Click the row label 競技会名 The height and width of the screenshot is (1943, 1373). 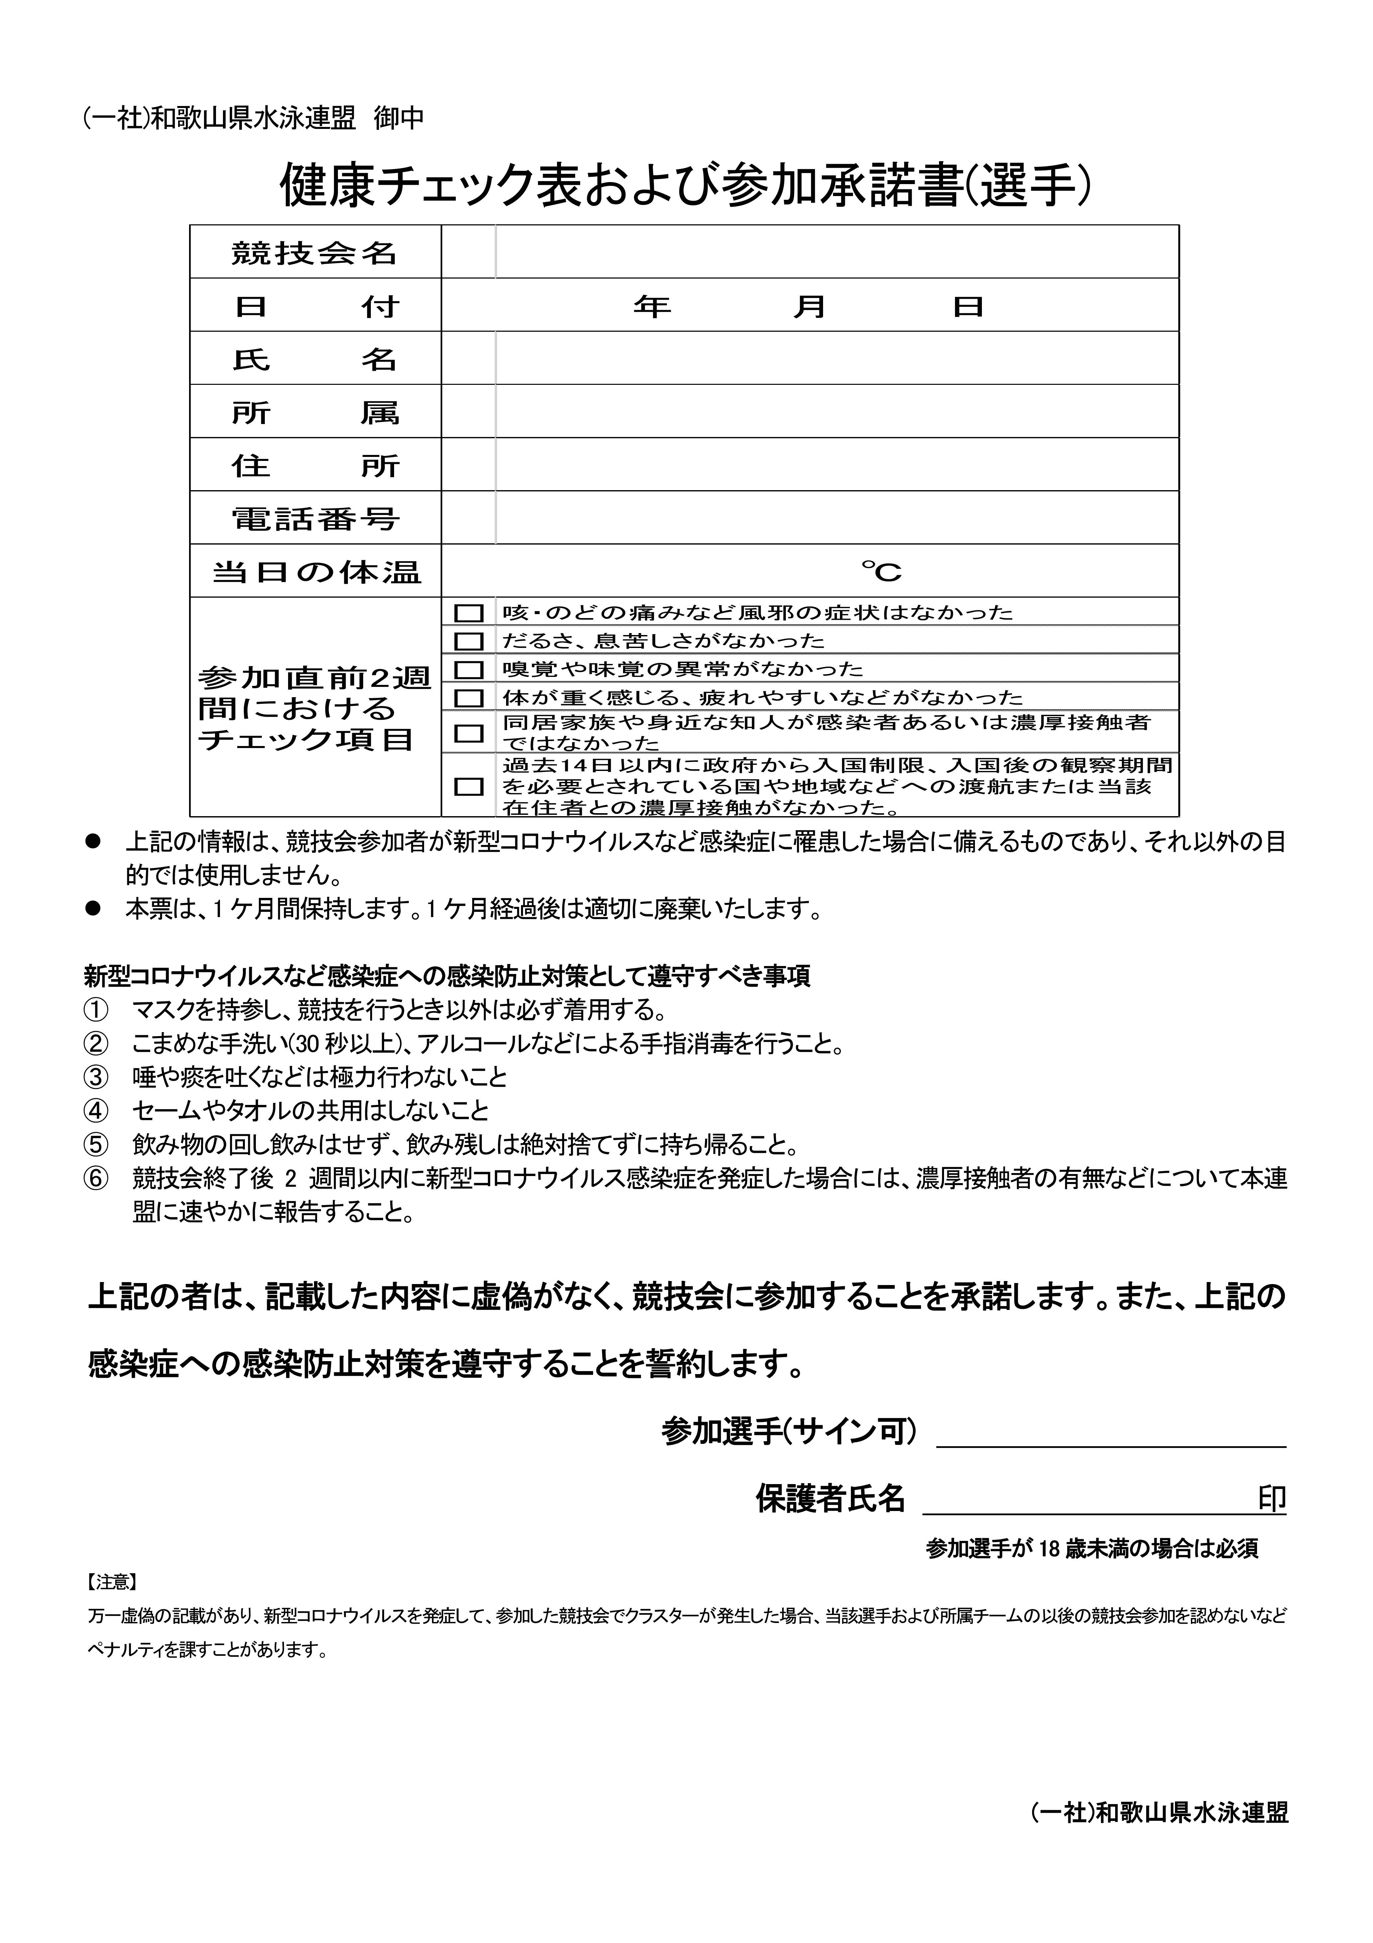315,252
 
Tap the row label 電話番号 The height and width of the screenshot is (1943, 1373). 315,518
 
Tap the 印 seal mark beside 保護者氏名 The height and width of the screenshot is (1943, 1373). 1271,1499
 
